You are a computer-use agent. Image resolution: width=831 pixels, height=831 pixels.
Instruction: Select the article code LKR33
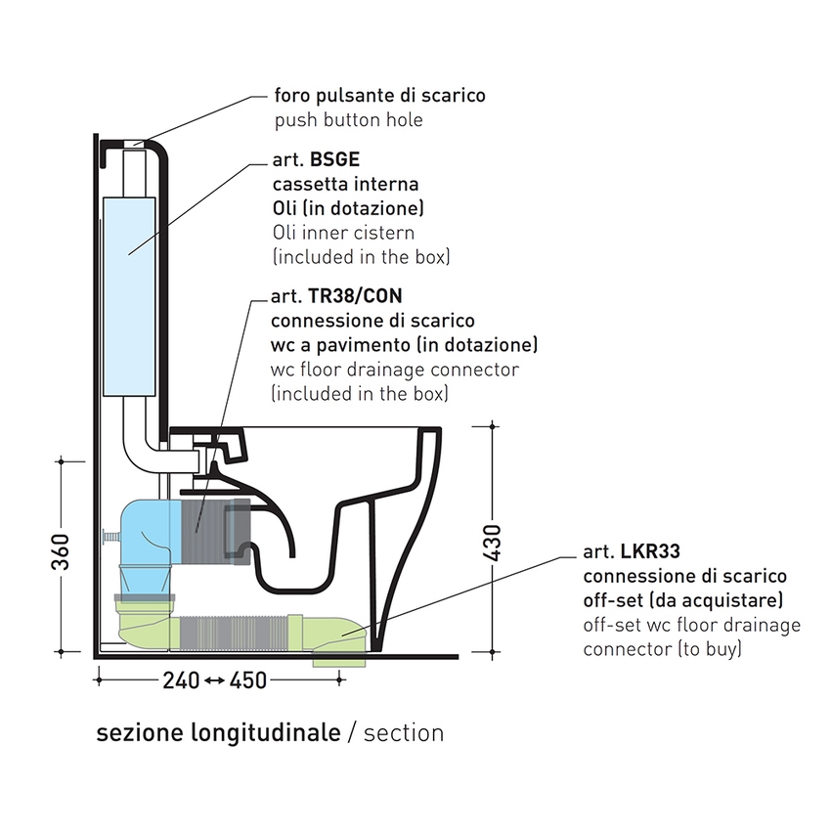[648, 554]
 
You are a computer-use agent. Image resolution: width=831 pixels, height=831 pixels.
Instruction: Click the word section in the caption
[403, 733]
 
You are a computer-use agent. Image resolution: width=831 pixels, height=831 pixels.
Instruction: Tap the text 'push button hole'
[348, 120]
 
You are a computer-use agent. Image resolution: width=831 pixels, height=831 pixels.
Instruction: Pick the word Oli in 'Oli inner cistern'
[286, 234]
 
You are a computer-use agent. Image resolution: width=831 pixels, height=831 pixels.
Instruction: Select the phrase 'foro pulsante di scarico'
[379, 96]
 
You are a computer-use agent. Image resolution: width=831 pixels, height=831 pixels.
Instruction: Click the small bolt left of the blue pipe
[107, 537]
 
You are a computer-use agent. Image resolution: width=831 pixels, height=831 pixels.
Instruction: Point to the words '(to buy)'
[707, 648]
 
